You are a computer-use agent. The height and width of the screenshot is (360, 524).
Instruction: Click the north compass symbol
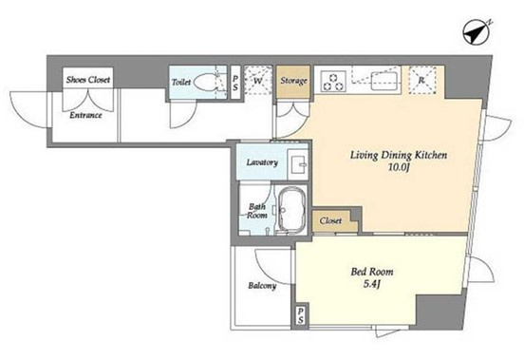(x=477, y=32)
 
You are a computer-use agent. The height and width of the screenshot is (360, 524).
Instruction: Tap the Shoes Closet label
(x=88, y=80)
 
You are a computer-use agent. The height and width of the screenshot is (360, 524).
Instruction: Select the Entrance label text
(x=85, y=115)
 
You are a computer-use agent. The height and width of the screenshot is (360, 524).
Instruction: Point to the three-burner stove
(x=333, y=82)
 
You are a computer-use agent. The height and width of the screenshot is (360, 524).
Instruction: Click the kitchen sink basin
(x=385, y=82)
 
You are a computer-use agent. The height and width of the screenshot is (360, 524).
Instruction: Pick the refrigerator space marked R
(x=422, y=81)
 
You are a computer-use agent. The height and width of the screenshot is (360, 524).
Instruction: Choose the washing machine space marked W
(x=258, y=81)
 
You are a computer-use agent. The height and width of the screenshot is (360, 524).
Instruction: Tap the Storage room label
(x=293, y=81)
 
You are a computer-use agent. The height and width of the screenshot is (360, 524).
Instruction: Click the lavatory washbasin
(x=298, y=163)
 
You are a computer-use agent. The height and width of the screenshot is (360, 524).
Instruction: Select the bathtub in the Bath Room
(x=291, y=209)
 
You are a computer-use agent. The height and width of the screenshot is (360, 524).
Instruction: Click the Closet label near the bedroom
(x=330, y=220)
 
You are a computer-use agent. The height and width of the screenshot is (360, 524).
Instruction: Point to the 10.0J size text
(x=399, y=167)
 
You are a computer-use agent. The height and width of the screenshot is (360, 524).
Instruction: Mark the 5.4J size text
(x=372, y=284)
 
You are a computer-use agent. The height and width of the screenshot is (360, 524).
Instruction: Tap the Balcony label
(x=262, y=286)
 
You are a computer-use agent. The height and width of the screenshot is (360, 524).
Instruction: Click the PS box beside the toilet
(x=235, y=83)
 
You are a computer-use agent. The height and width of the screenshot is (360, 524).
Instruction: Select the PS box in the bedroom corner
(x=300, y=316)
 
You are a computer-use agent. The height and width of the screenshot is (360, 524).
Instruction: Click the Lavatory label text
(x=262, y=162)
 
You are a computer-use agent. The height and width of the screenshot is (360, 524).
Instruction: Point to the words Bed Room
(x=372, y=272)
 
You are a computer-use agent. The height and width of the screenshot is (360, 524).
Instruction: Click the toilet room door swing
(x=183, y=115)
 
